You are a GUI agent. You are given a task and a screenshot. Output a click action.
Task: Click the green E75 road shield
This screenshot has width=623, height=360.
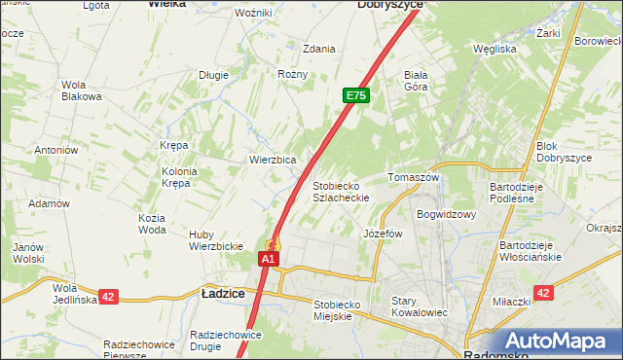click(356, 95)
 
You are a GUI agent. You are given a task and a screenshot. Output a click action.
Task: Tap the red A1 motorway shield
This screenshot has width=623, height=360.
click(270, 260)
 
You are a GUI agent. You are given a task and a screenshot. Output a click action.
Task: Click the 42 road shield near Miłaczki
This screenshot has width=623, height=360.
click(543, 293)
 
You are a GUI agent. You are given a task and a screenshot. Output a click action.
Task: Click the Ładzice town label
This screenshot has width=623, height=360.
click(222, 291)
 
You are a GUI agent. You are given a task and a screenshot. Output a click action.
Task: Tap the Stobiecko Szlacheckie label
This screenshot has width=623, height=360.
click(340, 191)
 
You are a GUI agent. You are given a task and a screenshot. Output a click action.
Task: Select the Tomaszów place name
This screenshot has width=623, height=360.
click(415, 178)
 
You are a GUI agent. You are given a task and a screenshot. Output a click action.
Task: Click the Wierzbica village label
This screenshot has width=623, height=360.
click(273, 160)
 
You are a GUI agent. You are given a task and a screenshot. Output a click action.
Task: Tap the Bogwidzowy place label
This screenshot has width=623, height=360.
click(446, 214)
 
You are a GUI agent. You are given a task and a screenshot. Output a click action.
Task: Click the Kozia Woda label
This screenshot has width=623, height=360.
click(152, 224)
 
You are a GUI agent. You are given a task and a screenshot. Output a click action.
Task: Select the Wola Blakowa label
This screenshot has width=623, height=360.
click(82, 90)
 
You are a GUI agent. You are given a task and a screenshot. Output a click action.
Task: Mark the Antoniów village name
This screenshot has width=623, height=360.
click(55, 150)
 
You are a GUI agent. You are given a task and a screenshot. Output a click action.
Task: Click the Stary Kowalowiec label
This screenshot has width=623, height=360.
click(419, 306)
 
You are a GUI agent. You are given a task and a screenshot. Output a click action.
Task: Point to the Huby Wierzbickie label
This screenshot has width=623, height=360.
click(215, 240)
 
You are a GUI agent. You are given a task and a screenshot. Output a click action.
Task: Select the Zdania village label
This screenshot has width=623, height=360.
click(319, 49)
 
